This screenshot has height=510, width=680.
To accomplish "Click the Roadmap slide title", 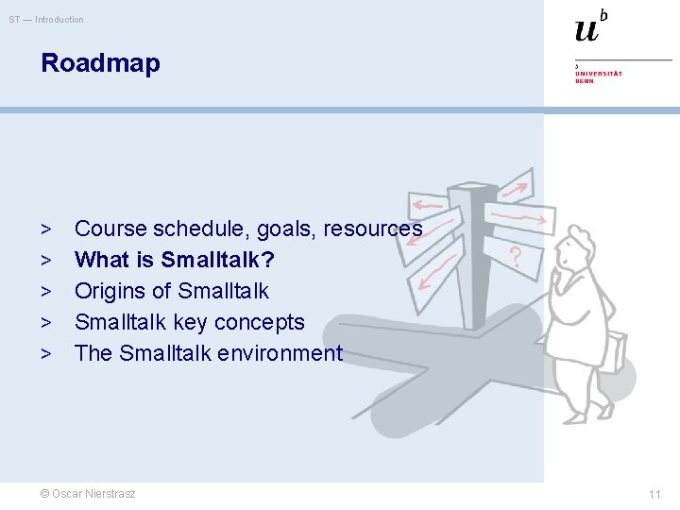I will point(100,64).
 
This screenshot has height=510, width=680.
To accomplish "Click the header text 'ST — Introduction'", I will point(46,20).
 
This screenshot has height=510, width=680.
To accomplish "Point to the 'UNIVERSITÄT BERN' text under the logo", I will point(598,76).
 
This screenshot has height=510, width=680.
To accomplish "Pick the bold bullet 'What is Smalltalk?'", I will point(175,260).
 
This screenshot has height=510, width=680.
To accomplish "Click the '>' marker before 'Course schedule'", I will point(46,229).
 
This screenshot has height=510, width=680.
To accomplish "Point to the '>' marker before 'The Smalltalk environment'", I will point(46,354).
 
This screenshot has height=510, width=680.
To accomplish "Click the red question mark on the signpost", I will point(516,255).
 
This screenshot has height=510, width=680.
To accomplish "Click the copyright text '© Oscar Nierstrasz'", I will point(88,494).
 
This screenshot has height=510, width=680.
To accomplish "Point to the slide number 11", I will point(654,494).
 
